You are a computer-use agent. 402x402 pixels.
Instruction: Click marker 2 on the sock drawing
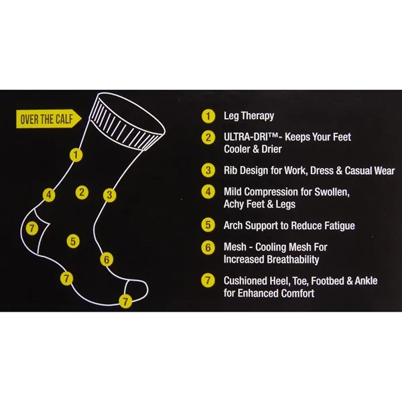coord(82,192)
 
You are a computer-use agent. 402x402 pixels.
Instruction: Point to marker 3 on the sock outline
coord(109,196)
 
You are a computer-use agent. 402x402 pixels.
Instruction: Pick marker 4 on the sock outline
coord(48,196)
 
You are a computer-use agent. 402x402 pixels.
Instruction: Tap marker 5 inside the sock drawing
coord(73,239)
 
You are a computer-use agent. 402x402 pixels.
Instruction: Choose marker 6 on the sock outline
coord(105,259)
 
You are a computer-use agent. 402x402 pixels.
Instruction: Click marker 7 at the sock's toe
coord(125,301)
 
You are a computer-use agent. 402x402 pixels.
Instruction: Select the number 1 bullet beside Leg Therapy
coord(209,116)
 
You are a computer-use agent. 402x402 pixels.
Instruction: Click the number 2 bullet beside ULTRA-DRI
coord(209,137)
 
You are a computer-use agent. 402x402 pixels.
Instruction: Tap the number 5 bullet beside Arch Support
coord(209,226)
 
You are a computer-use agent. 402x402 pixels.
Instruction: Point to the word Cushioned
coord(245,281)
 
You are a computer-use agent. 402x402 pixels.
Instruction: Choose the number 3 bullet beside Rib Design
coord(209,170)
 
